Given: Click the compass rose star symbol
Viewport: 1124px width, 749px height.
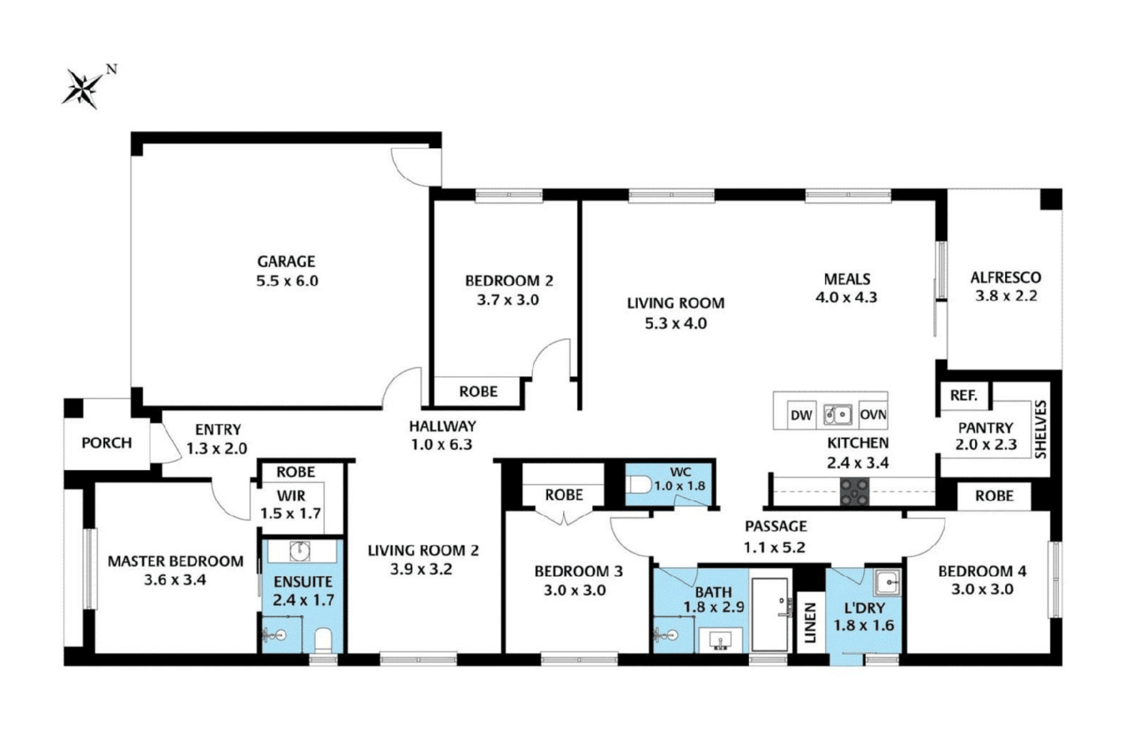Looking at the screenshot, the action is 82,88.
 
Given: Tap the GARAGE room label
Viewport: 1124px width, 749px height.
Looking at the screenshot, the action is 286,262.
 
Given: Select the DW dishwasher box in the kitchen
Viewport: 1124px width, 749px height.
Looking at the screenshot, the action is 801,415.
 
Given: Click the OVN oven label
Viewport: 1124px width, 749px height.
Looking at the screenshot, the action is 873,415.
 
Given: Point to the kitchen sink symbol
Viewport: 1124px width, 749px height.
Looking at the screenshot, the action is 837,415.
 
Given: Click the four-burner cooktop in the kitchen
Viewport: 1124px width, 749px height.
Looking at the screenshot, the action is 854,492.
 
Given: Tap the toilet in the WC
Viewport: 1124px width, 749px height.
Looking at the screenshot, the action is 639,484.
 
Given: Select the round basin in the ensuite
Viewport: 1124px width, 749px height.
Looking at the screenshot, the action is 300,551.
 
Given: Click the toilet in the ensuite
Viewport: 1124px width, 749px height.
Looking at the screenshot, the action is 323,640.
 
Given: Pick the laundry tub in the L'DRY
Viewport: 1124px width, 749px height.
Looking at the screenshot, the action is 887,582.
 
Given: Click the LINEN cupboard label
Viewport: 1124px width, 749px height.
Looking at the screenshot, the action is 810,623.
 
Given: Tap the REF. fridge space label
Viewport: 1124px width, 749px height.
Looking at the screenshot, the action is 963,396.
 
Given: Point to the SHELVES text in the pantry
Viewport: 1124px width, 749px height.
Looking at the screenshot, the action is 1041,430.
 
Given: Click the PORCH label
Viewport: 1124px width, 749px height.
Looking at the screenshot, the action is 107,443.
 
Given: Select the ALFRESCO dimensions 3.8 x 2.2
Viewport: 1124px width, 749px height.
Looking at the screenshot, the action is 1006,296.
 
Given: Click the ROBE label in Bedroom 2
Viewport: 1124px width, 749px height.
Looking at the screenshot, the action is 478,391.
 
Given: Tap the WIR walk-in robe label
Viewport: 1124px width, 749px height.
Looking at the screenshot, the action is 291,496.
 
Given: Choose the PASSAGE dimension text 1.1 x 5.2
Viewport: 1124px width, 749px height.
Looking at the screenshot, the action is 774,547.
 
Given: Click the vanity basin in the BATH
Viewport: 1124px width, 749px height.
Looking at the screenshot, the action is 720,641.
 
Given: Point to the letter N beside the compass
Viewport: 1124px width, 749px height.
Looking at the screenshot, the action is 112,70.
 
